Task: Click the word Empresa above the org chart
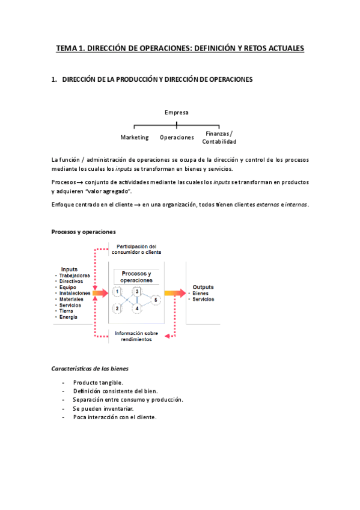[177, 112]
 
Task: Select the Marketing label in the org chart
[135, 137]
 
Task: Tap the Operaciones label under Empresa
[177, 137]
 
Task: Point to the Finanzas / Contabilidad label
[219, 137]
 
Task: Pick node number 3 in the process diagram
[138, 292]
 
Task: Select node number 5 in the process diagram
[155, 300]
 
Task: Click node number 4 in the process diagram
[138, 309]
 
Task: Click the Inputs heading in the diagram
[69, 269]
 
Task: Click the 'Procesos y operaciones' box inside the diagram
[136, 277]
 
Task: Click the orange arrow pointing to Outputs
[175, 293]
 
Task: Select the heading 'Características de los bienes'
[90, 368]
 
